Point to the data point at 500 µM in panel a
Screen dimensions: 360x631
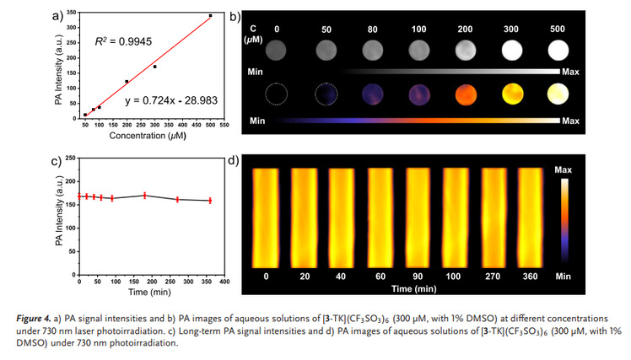210,16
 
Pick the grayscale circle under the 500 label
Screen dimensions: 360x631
558,51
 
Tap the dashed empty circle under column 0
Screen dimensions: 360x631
278,94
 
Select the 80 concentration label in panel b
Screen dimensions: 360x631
373,29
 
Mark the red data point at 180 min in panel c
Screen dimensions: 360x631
145,196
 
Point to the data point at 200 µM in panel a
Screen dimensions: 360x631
127,82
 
